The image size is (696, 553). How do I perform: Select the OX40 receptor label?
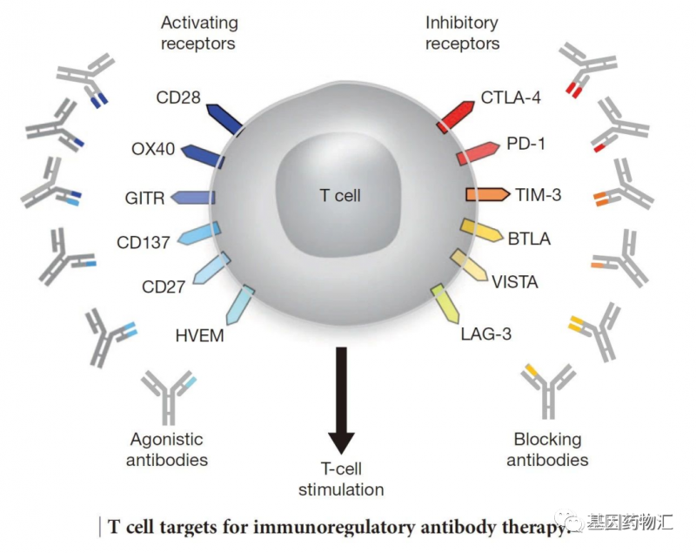coord(154,148)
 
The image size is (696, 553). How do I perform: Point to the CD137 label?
coord(144,241)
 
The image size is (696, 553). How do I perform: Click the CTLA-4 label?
coord(511,98)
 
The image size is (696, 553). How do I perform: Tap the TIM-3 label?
coord(538,194)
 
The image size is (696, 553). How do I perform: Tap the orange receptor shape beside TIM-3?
coord(486,194)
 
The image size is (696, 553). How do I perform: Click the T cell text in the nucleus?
coord(338,195)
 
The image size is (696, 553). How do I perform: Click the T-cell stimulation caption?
coord(340,478)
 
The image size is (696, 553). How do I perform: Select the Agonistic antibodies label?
coord(166,449)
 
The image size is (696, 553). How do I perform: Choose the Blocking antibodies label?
coord(547,449)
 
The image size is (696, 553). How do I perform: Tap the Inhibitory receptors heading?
coord(462,31)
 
